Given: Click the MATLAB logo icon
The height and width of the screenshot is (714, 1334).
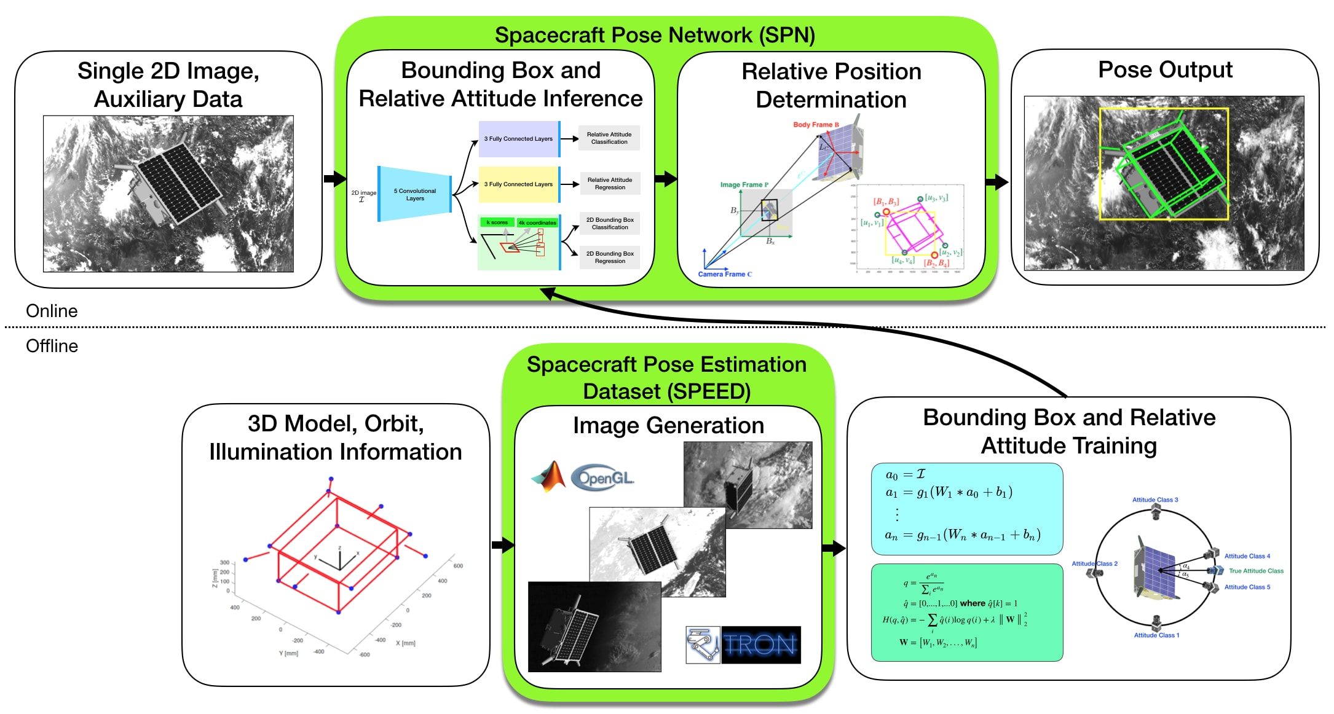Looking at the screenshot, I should click(549, 477).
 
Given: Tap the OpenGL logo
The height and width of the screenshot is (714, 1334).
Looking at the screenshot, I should click(602, 477).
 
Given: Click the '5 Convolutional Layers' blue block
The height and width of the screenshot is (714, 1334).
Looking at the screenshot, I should click(415, 194).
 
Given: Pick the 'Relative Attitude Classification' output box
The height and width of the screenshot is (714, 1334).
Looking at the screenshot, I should click(609, 138).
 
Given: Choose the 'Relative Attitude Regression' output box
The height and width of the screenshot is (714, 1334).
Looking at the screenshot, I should click(609, 184).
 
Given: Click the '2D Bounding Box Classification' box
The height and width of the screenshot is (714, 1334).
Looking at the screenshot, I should click(609, 224).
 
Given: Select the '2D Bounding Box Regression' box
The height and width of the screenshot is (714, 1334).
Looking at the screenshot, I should click(609, 257).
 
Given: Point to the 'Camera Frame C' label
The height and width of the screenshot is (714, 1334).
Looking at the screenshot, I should click(725, 275).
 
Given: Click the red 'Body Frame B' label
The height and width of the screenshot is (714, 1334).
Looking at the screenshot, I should click(816, 125).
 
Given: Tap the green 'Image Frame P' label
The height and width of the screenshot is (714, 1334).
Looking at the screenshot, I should click(744, 185).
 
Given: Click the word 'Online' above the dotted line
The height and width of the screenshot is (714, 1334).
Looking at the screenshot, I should click(52, 311).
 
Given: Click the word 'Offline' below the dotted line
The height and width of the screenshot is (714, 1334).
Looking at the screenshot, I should click(52, 346).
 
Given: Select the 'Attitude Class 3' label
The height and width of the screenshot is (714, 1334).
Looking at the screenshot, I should click(1155, 500).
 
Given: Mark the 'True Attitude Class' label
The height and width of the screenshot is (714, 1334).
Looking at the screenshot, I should click(1256, 571).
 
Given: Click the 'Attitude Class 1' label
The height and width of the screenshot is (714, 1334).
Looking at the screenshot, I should click(1156, 635).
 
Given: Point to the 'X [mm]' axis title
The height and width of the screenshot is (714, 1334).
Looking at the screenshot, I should click(405, 643).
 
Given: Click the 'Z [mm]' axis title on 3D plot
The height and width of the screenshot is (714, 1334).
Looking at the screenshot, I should click(215, 578).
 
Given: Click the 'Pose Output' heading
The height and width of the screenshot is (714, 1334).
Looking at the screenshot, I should click(1165, 70).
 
